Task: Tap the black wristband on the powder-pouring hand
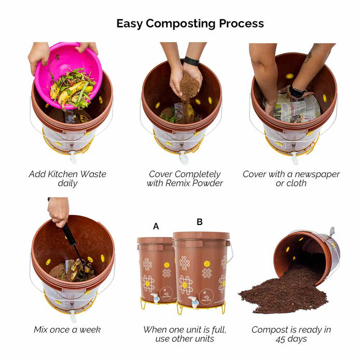[191, 61]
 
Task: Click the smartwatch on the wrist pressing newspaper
[296, 91]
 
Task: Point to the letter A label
[156, 226]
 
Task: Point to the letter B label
[200, 222]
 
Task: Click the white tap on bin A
[155, 299]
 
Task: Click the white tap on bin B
[193, 303]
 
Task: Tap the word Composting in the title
[180, 24]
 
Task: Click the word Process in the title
[242, 23]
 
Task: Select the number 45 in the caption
[281, 339]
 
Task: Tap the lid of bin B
[202, 236]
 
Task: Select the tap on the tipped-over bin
[331, 232]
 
